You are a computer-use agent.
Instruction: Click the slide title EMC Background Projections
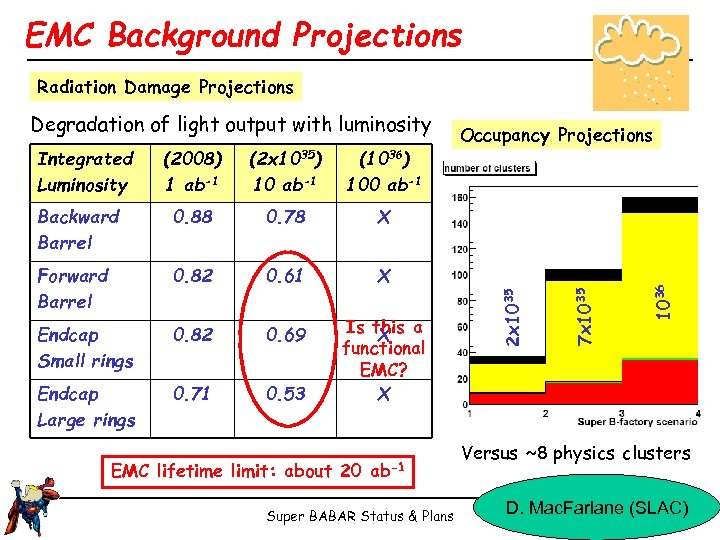coord(244,36)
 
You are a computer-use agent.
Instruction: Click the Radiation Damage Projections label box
coord(165,87)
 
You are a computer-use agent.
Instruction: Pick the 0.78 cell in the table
coord(286,217)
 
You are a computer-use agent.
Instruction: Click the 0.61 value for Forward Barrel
coord(286,276)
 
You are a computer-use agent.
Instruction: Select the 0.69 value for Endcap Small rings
coord(286,335)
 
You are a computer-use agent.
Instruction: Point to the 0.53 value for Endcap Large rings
coord(286,394)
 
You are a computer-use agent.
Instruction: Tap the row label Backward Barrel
coord(78,229)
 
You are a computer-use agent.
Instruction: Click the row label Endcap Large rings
coord(86,407)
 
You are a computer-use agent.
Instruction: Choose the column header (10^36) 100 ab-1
coord(383,171)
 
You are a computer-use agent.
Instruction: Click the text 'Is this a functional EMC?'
coord(383,348)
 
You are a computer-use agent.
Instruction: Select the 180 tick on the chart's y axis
coord(460,197)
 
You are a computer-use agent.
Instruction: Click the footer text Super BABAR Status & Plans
coord(360,516)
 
